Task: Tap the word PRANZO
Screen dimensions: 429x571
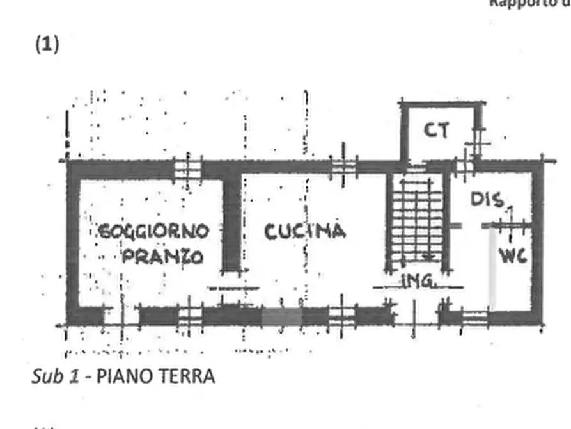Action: click(162, 257)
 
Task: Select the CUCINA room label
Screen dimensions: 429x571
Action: click(305, 231)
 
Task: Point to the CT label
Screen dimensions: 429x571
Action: click(437, 131)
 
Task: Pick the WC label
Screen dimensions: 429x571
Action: click(513, 257)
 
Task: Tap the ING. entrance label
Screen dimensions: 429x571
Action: click(419, 280)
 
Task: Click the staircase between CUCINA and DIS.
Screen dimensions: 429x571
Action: click(416, 221)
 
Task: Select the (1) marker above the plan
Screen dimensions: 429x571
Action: click(47, 44)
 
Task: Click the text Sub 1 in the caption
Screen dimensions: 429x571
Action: click(55, 376)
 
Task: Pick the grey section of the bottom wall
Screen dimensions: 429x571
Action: click(282, 316)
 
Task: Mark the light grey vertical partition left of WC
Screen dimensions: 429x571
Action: click(492, 269)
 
